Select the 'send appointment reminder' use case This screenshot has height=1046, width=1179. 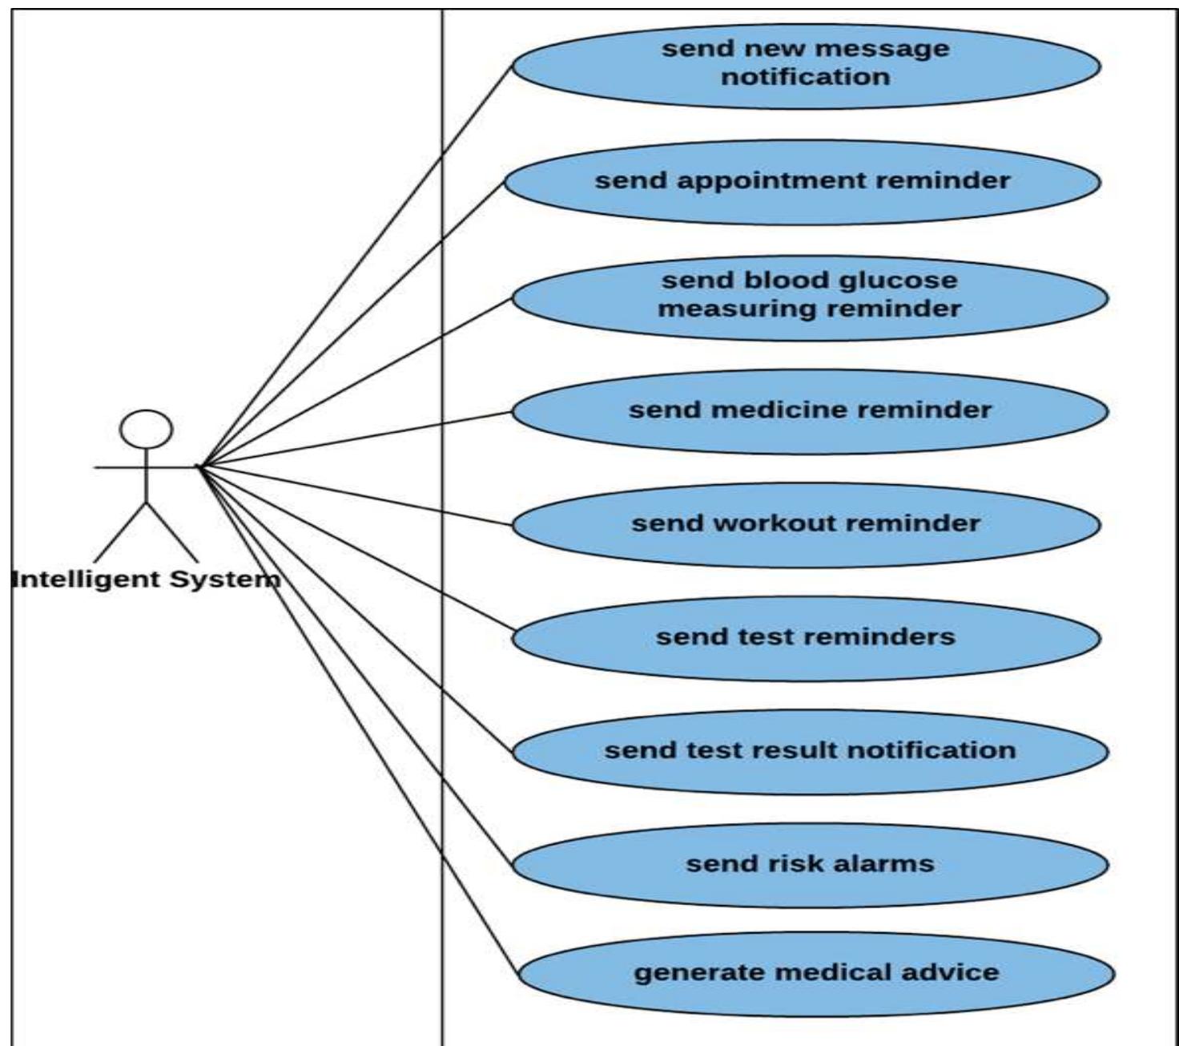(x=802, y=182)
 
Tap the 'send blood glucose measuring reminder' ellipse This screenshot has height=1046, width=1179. (x=809, y=296)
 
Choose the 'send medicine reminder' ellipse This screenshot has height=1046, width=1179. (x=809, y=411)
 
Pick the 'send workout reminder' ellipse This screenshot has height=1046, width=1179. (x=806, y=525)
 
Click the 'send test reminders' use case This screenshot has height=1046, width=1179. (x=806, y=638)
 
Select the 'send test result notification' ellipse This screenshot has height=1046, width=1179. (x=809, y=752)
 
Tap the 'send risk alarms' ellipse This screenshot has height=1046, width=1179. (x=809, y=865)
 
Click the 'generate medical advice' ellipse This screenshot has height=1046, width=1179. (x=815, y=974)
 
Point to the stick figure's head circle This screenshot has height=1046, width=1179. (x=146, y=429)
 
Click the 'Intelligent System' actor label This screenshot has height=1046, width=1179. (x=146, y=579)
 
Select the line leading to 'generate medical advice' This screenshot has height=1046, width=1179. (x=360, y=722)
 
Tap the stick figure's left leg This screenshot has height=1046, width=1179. (x=120, y=533)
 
